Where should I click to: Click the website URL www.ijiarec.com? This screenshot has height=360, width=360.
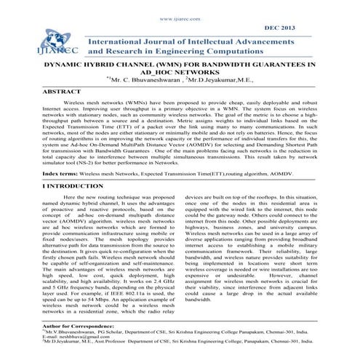pyautogui.click(x=180, y=9)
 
